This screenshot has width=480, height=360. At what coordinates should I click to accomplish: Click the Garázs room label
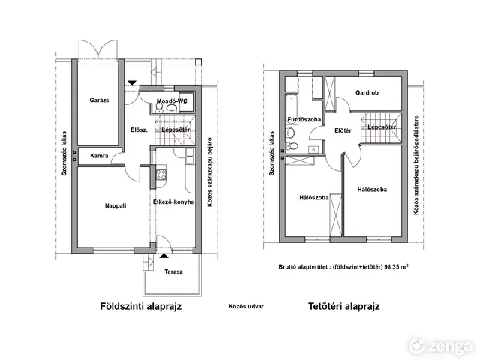(99, 100)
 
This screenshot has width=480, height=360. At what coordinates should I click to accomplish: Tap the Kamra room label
(99, 156)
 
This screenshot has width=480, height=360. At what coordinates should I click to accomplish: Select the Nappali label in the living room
(115, 205)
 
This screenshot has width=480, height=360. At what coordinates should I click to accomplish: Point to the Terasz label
(173, 271)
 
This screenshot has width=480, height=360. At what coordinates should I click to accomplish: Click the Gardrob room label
(367, 92)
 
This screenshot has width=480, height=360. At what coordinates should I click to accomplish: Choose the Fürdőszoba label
(304, 119)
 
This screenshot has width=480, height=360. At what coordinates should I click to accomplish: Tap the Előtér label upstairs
(343, 130)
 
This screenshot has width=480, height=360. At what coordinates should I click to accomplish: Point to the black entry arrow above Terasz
(163, 256)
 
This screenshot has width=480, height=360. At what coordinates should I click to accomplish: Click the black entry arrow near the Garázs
(132, 82)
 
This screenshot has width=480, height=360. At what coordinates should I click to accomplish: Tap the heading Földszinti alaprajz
(141, 306)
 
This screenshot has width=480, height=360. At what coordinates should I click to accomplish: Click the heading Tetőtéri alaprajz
(343, 306)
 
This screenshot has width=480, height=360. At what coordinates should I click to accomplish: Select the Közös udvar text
(246, 306)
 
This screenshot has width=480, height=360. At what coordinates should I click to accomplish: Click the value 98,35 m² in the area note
(397, 266)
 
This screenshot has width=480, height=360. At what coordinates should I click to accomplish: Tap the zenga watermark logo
(440, 346)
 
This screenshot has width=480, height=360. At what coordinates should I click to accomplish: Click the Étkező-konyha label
(173, 202)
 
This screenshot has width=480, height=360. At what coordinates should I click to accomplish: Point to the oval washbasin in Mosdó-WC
(172, 108)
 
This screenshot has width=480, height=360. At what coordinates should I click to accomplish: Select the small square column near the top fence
(199, 62)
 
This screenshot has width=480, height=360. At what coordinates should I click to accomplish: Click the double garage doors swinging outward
(98, 49)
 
